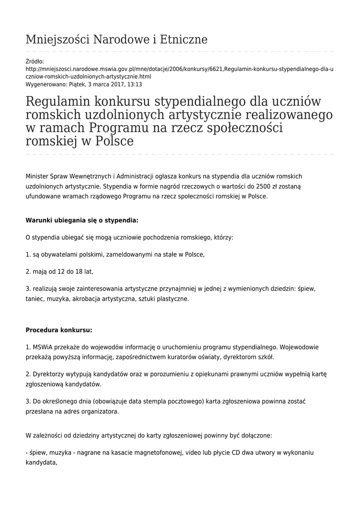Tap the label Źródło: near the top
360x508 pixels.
coord(34,62)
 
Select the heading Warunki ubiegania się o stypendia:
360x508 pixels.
coord(82,220)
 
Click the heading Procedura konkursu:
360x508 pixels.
coord(59,330)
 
